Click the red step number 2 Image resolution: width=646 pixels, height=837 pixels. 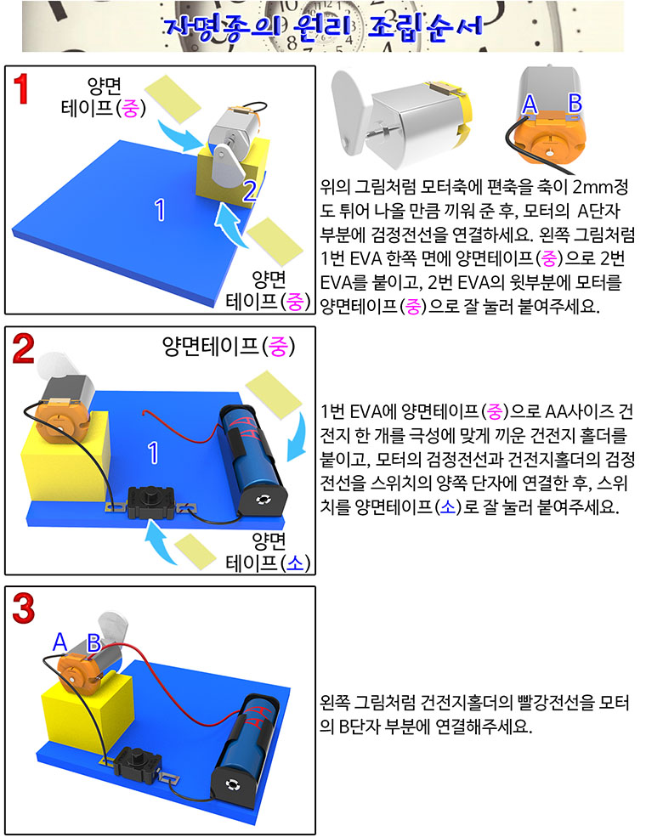click(24, 349)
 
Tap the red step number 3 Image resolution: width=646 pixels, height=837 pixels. click(24, 608)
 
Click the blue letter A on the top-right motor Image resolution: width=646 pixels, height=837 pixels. click(529, 104)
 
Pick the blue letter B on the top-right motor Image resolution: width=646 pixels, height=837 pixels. click(575, 103)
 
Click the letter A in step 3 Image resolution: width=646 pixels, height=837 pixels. click(59, 642)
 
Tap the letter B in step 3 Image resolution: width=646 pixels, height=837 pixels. click(94, 642)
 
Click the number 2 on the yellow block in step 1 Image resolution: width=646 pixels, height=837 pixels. click(249, 191)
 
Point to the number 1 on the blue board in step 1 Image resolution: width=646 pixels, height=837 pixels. click(160, 210)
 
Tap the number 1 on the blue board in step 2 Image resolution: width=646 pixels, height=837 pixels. click(153, 453)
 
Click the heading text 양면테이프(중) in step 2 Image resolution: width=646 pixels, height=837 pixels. click(229, 347)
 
